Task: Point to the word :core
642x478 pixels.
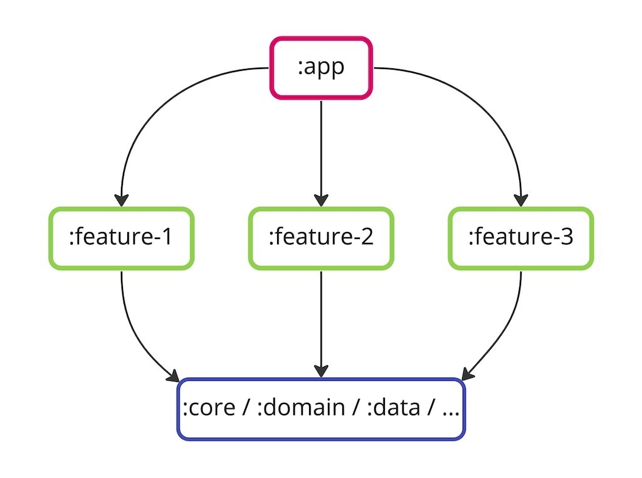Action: coord(209,408)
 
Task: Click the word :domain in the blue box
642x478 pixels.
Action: coord(301,407)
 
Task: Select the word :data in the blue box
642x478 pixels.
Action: coord(394,407)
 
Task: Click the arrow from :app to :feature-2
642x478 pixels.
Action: coord(321,154)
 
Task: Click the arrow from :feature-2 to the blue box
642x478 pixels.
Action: coord(321,324)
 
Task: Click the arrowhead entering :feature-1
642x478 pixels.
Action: coord(121,201)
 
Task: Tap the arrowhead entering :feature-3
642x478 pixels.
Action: coord(521,201)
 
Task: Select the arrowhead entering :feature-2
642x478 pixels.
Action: coord(321,201)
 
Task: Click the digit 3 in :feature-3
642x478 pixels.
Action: coord(567,236)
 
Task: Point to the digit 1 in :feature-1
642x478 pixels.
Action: coord(167,236)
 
